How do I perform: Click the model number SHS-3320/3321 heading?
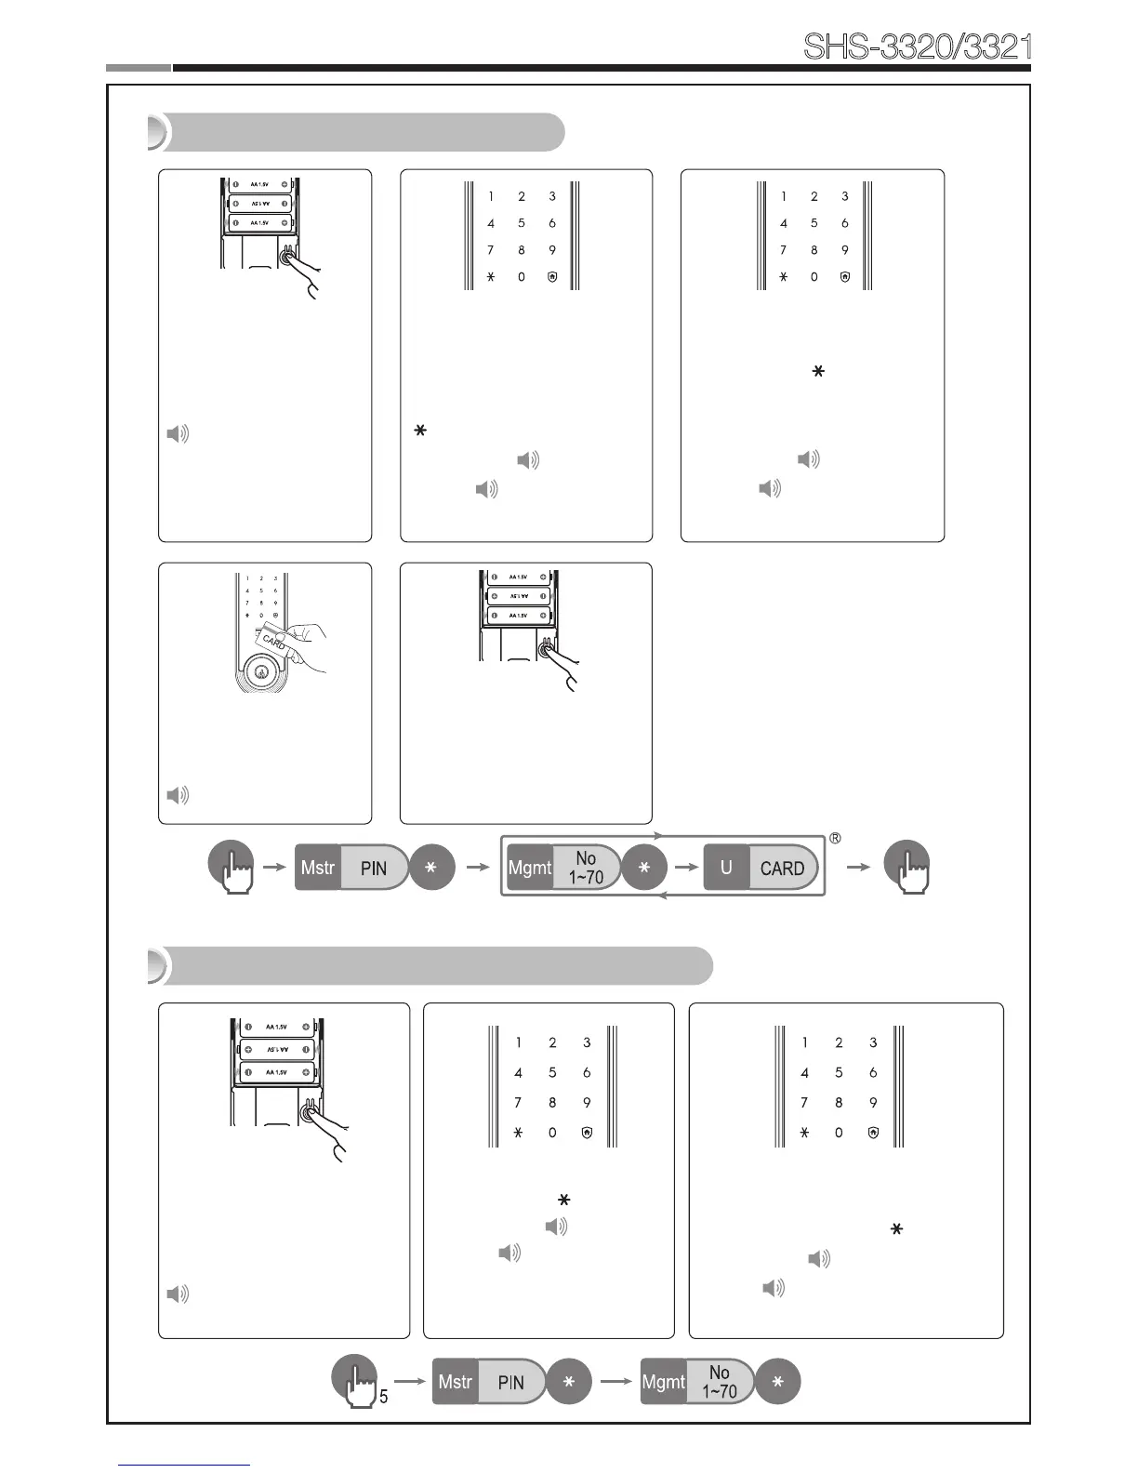tap(917, 46)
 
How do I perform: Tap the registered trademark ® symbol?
tap(835, 839)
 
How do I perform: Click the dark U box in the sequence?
tap(726, 868)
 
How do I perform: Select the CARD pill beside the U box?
tap(783, 869)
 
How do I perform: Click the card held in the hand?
tap(274, 641)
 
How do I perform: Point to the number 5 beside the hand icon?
tap(383, 1396)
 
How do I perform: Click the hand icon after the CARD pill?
tap(906, 867)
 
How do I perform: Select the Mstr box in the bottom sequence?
tap(456, 1382)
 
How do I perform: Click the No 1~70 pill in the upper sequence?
tap(586, 868)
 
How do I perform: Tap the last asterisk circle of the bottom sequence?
tap(777, 1382)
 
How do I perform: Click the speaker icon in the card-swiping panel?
tap(178, 795)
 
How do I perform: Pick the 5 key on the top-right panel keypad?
tap(814, 223)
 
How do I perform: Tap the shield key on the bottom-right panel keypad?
tap(873, 1133)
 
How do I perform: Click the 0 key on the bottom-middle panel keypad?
tap(552, 1133)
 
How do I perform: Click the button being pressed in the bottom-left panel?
tap(310, 1112)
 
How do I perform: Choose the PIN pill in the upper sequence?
tap(374, 868)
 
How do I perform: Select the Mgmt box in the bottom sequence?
tap(664, 1382)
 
